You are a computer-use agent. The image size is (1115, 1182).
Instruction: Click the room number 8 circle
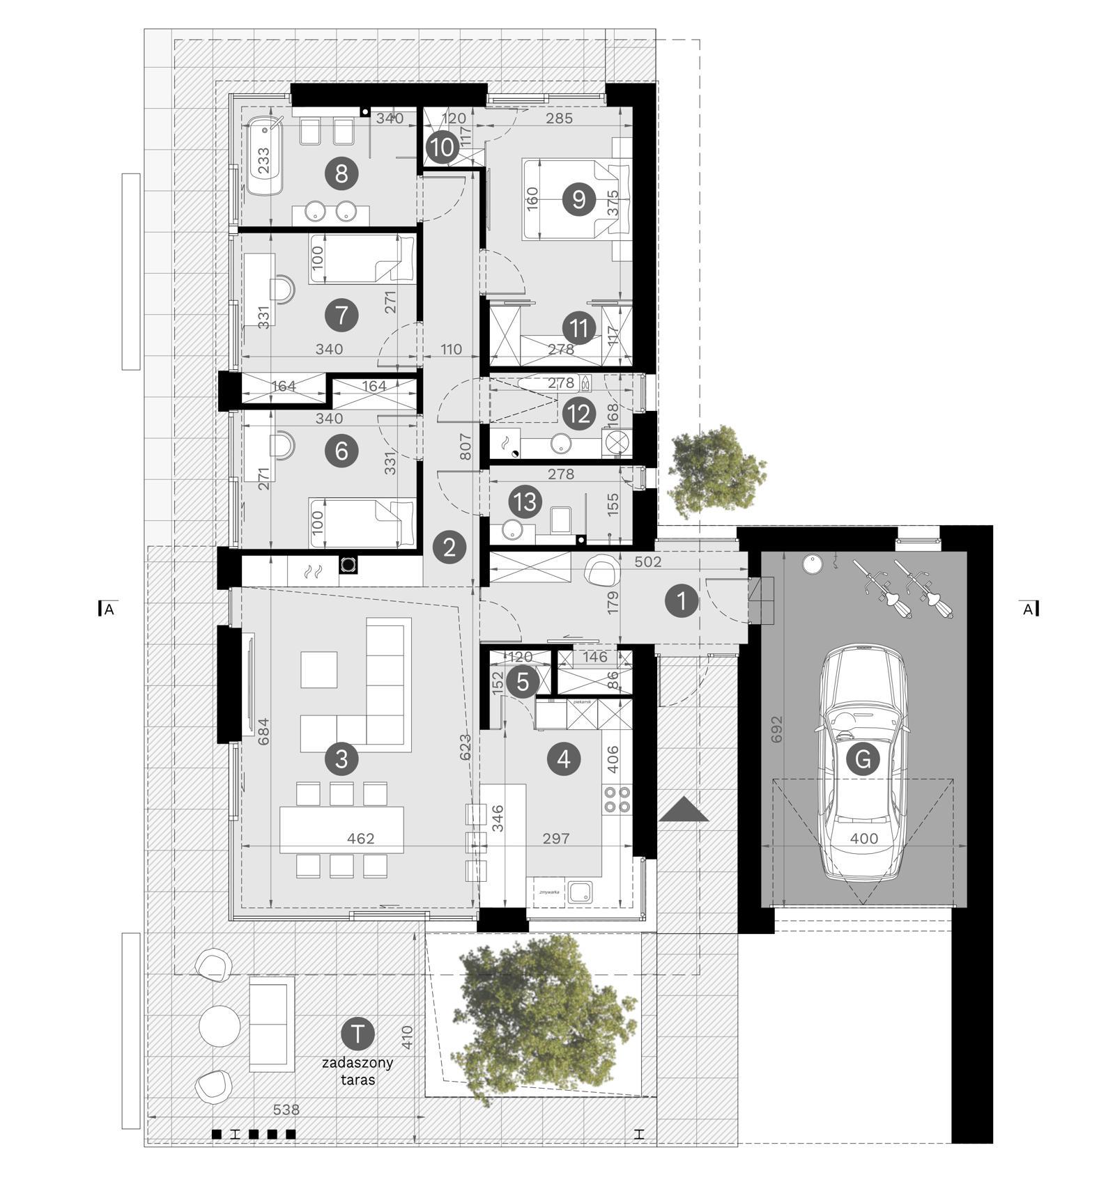coord(341,173)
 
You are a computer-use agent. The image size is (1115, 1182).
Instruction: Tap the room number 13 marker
coord(525,501)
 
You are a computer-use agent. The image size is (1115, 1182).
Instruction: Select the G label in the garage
coord(862,759)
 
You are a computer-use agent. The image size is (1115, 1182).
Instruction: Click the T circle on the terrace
coord(358,1033)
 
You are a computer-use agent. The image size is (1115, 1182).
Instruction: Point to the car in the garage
coord(864,763)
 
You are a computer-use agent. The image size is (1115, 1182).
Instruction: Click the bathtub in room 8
coord(266,155)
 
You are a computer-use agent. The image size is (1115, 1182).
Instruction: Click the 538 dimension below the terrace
coord(286,1110)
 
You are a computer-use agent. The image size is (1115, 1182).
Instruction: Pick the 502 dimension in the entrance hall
coord(648,561)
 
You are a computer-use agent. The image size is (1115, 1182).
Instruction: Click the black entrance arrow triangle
coord(684,809)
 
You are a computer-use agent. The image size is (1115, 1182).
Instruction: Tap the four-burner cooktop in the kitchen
coord(616,800)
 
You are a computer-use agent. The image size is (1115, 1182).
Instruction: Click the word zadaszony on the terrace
coord(357,1063)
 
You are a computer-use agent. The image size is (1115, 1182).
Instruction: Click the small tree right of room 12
coord(716,470)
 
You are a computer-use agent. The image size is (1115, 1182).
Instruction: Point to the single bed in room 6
coord(362,522)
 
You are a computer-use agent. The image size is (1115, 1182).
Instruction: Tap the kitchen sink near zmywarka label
coord(580,892)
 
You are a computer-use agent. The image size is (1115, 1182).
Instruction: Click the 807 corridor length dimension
coord(466,446)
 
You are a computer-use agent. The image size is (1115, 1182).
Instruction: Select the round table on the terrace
coord(220,1025)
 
